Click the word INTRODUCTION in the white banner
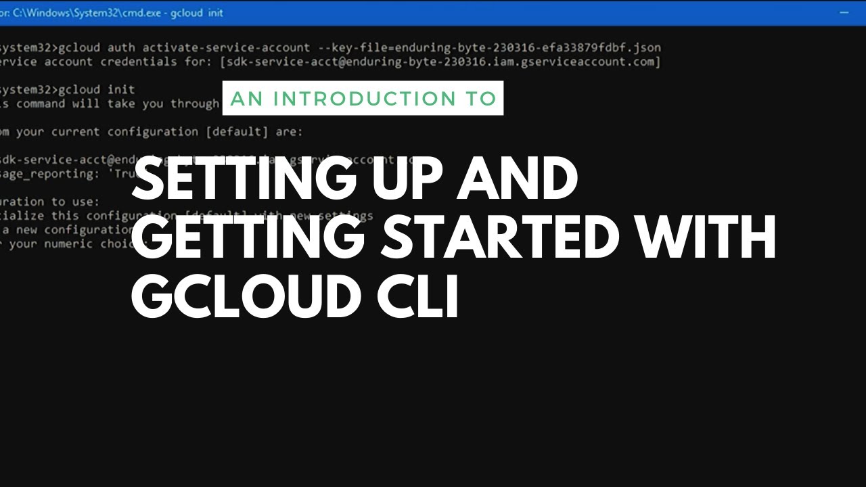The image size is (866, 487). coord(365,99)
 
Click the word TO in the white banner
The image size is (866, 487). coord(480,99)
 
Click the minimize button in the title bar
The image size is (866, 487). coord(844,13)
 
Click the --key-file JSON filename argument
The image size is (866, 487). coord(528,48)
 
